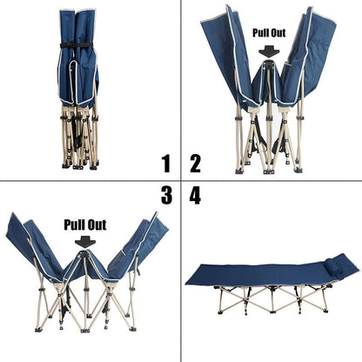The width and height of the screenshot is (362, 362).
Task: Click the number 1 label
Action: [x=164, y=162]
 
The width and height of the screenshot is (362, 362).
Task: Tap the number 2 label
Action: [x=195, y=162]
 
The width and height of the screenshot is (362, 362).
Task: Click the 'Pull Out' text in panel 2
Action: [x=268, y=32]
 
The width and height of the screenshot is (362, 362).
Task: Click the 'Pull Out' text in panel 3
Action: [x=85, y=225]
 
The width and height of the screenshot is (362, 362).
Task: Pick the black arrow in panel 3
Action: [x=85, y=241]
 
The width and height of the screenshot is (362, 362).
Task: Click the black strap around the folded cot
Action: [x=78, y=44]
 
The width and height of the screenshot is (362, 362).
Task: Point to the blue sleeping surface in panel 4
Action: [x=261, y=275]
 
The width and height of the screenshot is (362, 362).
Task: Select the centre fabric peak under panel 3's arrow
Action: [x=84, y=265]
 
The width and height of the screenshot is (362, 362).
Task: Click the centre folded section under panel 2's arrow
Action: [x=268, y=83]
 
